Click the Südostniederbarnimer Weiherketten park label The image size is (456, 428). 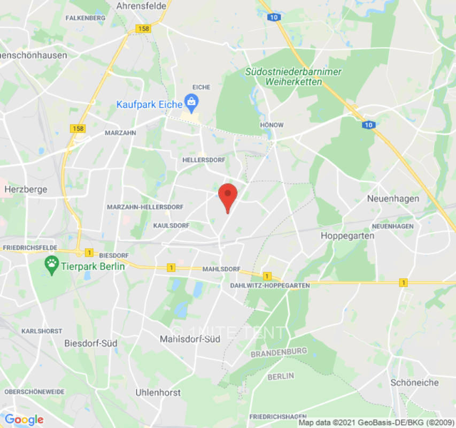coord(293,77)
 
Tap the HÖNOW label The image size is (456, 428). coord(272,125)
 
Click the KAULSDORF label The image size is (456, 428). coord(171,226)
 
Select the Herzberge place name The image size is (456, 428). coord(26,189)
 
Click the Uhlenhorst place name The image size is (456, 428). coord(158,393)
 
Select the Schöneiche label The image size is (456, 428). coord(414,383)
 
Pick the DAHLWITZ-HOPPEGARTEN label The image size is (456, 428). coord(270,286)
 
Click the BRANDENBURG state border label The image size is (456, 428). coord(279,353)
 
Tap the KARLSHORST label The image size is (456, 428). coord(42,331)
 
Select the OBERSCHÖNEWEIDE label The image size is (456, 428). coord(35,392)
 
